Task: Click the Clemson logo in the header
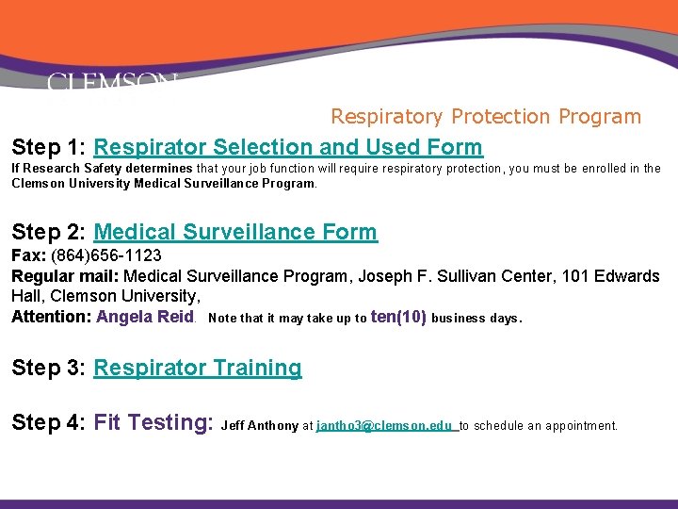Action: pos(111,83)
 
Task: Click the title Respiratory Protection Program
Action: pos(485,117)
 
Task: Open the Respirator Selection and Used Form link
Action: pos(288,147)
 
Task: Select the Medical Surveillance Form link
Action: pos(235,232)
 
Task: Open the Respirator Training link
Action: pos(198,368)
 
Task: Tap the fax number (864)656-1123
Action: pos(106,255)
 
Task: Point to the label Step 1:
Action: pos(49,147)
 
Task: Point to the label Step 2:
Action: pos(49,232)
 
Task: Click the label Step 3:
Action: pos(49,368)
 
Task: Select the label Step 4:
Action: pos(49,422)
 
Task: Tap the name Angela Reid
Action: pos(145,317)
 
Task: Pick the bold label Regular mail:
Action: pos(65,276)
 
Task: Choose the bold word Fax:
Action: pos(28,255)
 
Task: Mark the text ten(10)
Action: pos(398,317)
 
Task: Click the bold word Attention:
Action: pos(51,317)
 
